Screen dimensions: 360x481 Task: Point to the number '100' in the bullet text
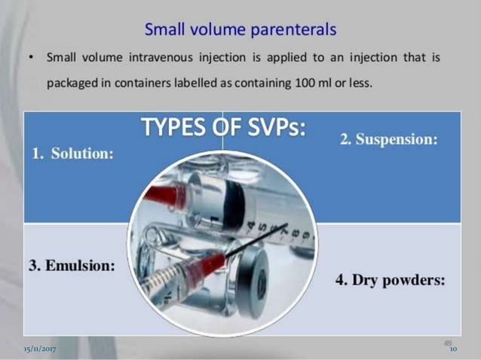[x=301, y=82]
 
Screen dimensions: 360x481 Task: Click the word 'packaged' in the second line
[x=69, y=82]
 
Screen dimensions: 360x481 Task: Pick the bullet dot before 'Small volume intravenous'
[x=28, y=58]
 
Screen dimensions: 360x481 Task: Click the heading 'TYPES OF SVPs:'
[x=223, y=130]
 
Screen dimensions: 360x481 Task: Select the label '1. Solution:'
[x=72, y=154]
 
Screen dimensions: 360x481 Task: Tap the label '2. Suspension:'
[x=389, y=141]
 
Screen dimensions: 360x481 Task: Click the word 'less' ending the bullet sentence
[x=359, y=82]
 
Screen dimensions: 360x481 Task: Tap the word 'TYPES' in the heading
[x=169, y=130]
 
